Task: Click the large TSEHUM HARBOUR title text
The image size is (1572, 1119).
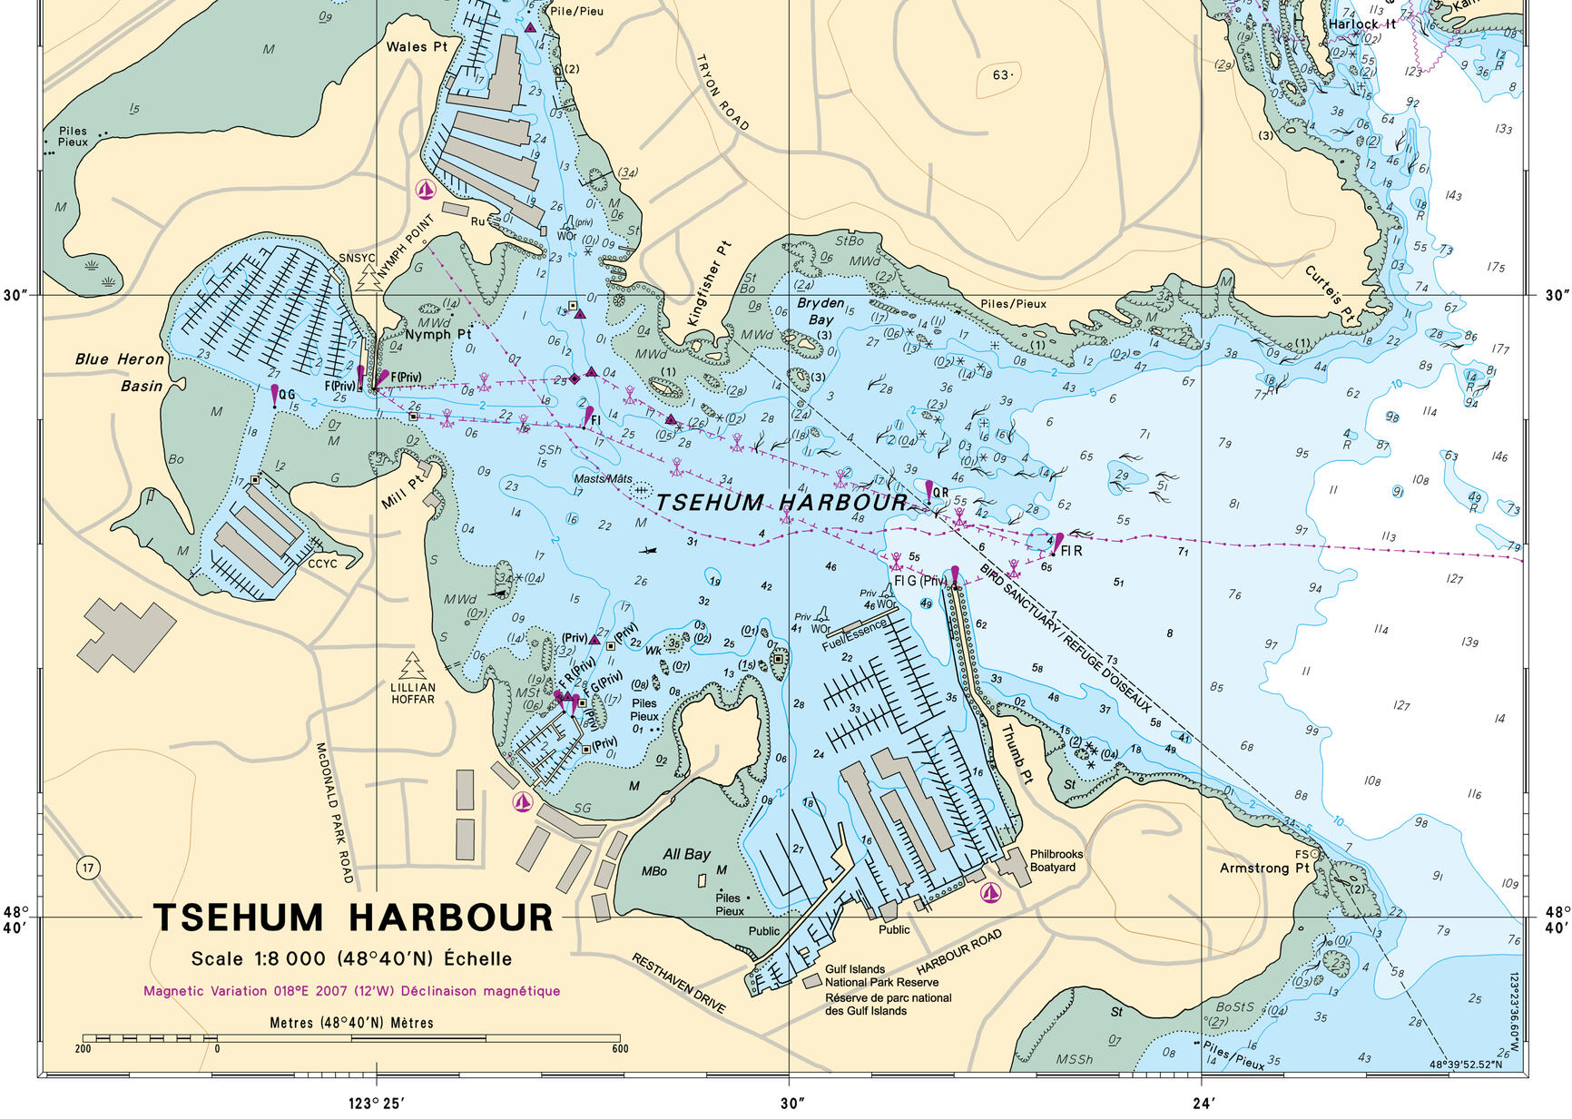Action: click(x=352, y=918)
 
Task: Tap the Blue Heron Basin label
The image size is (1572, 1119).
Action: click(x=120, y=372)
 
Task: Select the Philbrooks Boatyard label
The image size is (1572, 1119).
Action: click(x=1056, y=860)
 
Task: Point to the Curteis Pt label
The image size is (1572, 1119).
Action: click(x=1329, y=294)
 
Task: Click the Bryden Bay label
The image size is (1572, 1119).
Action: click(x=820, y=311)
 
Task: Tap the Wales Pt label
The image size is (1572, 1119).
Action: click(x=417, y=46)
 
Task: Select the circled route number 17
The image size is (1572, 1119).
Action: click(x=88, y=868)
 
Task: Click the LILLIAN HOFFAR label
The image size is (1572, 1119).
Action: click(x=413, y=693)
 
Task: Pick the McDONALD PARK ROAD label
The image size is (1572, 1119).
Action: click(x=333, y=812)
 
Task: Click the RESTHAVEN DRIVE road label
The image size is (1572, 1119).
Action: click(x=678, y=983)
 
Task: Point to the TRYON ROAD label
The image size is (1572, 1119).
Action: click(x=722, y=92)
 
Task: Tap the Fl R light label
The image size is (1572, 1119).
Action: click(x=1071, y=551)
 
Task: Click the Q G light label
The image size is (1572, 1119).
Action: click(x=287, y=395)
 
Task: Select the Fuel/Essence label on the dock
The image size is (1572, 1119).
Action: click(x=854, y=635)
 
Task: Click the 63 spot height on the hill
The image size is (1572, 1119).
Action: click(x=1001, y=74)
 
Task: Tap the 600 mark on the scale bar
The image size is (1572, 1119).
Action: click(x=620, y=1049)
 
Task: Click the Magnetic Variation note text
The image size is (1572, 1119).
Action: click(x=351, y=991)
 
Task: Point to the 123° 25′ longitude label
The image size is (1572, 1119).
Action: click(x=376, y=1104)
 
